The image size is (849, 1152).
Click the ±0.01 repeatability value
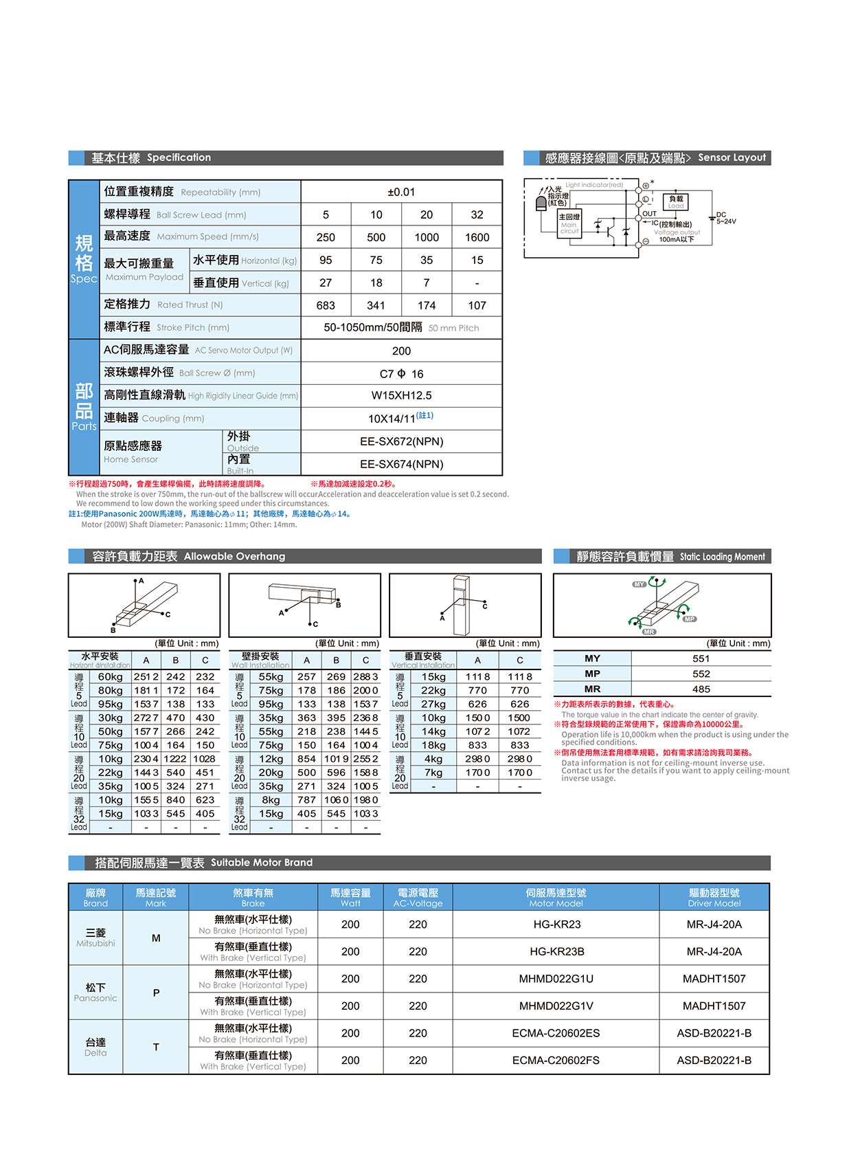[x=401, y=192]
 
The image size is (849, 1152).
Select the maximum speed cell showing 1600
[x=477, y=237]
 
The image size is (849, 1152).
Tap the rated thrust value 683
[x=326, y=305]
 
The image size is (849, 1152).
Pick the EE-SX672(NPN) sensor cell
[x=401, y=441]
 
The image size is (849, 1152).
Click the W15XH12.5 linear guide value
[x=401, y=395]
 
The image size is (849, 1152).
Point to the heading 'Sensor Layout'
[x=732, y=157]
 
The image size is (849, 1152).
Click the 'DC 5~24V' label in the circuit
[x=725, y=218]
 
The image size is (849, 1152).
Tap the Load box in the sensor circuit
[x=676, y=201]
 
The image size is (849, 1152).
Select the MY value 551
[x=701, y=658]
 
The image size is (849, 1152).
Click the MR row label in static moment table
[x=592, y=689]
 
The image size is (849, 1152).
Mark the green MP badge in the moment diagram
[x=690, y=619]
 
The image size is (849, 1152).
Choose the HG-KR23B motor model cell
[x=556, y=951]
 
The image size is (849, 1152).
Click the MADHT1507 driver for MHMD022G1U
[x=714, y=979]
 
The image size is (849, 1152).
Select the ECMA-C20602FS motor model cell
[x=556, y=1060]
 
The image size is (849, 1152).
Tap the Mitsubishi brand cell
[x=95, y=938]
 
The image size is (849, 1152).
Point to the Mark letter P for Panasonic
[x=156, y=993]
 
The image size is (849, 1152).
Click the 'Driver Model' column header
[x=714, y=898]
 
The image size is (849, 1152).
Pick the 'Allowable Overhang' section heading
[x=234, y=556]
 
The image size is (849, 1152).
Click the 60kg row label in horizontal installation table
[x=110, y=677]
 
